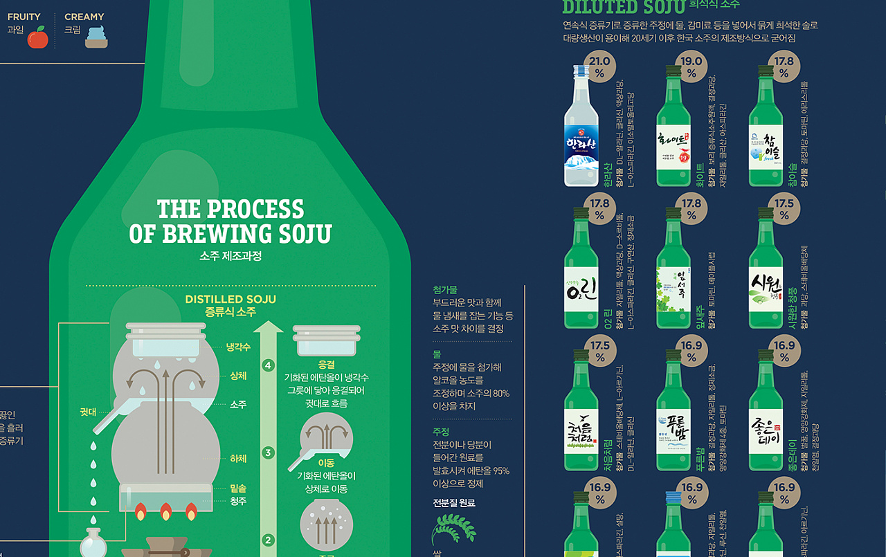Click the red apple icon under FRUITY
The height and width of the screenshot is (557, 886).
pyautogui.click(x=37, y=37)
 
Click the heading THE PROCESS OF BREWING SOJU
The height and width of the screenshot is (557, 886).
pyautogui.click(x=230, y=221)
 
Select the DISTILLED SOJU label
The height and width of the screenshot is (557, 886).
pyautogui.click(x=230, y=300)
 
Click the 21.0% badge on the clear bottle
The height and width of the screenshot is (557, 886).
pyautogui.click(x=599, y=66)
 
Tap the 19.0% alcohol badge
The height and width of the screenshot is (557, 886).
pyautogui.click(x=691, y=66)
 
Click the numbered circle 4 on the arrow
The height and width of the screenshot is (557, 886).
pyautogui.click(x=269, y=365)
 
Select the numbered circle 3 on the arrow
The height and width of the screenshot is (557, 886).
pyautogui.click(x=269, y=453)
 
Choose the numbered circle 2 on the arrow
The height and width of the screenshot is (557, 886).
pyautogui.click(x=269, y=540)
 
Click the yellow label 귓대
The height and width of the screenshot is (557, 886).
pyautogui.click(x=87, y=412)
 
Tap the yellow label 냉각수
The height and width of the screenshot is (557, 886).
pyautogui.click(x=238, y=347)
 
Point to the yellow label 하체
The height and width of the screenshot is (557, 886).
pyautogui.click(x=238, y=458)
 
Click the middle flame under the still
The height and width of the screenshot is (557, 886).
pyautogui.click(x=165, y=513)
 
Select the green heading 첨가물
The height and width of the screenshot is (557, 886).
pyautogui.click(x=445, y=289)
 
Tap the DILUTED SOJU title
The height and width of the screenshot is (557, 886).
pyautogui.click(x=623, y=7)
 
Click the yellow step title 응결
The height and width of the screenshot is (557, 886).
pyautogui.click(x=326, y=364)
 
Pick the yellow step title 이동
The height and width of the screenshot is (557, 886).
pyautogui.click(x=326, y=463)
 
